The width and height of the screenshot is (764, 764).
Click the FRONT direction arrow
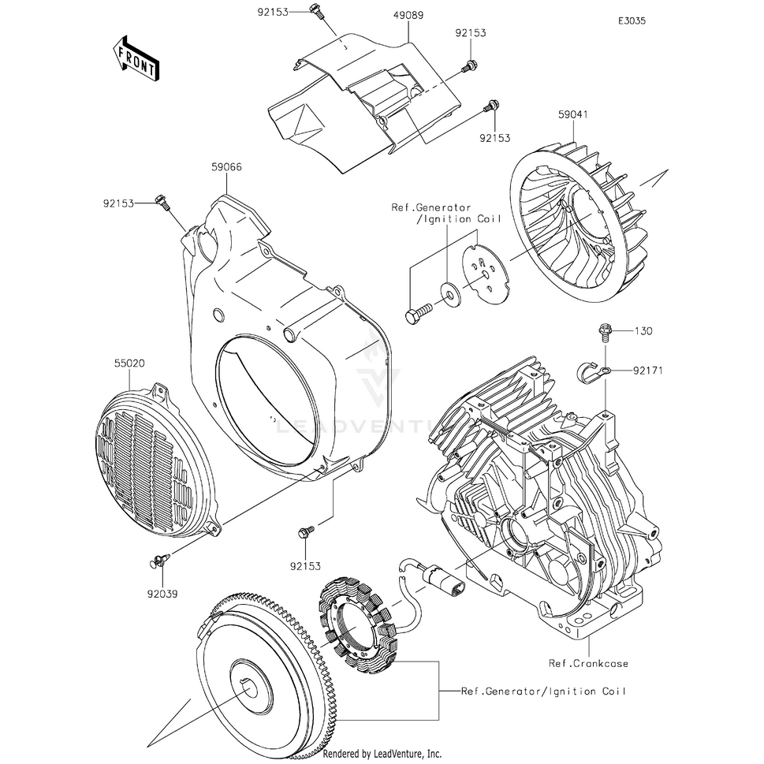click(136, 58)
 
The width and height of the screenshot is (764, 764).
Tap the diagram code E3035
click(632, 21)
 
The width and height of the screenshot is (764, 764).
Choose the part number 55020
click(129, 365)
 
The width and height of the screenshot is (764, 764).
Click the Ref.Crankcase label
click(589, 663)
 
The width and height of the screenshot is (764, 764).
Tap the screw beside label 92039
click(155, 561)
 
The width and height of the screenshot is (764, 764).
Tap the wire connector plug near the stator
click(438, 578)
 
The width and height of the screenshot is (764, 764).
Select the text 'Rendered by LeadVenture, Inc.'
click(382, 754)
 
